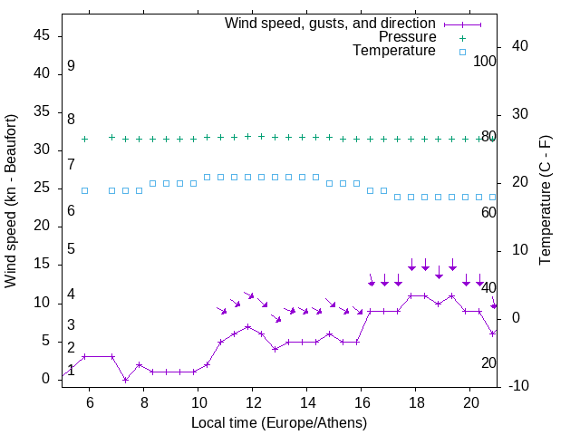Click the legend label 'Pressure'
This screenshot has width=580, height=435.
coord(407,37)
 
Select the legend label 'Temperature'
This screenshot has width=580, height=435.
coord(394,51)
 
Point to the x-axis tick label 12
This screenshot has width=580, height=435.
coord(252,402)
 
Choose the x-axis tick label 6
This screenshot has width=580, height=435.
coord(89,402)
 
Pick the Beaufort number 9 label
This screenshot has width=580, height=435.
coord(71,66)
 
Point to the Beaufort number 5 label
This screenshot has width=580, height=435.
coord(71,249)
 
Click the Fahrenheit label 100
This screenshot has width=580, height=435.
coord(485,62)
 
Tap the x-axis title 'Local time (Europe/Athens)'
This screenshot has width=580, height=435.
coord(279,422)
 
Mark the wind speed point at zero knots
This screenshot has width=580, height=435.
coord(125,379)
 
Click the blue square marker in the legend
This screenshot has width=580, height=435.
coord(461,52)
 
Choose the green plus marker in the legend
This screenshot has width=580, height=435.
coord(461,38)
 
